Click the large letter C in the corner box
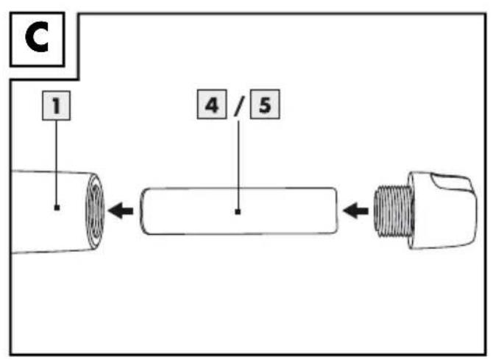click(x=37, y=38)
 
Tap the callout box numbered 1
click(x=56, y=105)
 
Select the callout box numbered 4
click(x=212, y=105)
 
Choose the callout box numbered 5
click(x=265, y=105)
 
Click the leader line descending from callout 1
click(x=57, y=163)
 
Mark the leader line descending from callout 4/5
click(x=238, y=165)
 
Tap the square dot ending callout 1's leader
click(x=57, y=208)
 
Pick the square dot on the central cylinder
click(x=238, y=212)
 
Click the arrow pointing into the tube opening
click(x=121, y=211)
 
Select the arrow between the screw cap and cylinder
click(x=355, y=211)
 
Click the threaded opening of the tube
click(x=95, y=211)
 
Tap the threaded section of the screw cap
click(x=392, y=211)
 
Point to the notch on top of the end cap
click(x=451, y=183)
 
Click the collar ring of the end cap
click(x=412, y=211)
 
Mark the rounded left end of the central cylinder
click(x=143, y=211)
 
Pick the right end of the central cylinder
click(x=335, y=211)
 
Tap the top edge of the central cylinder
click(x=239, y=188)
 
